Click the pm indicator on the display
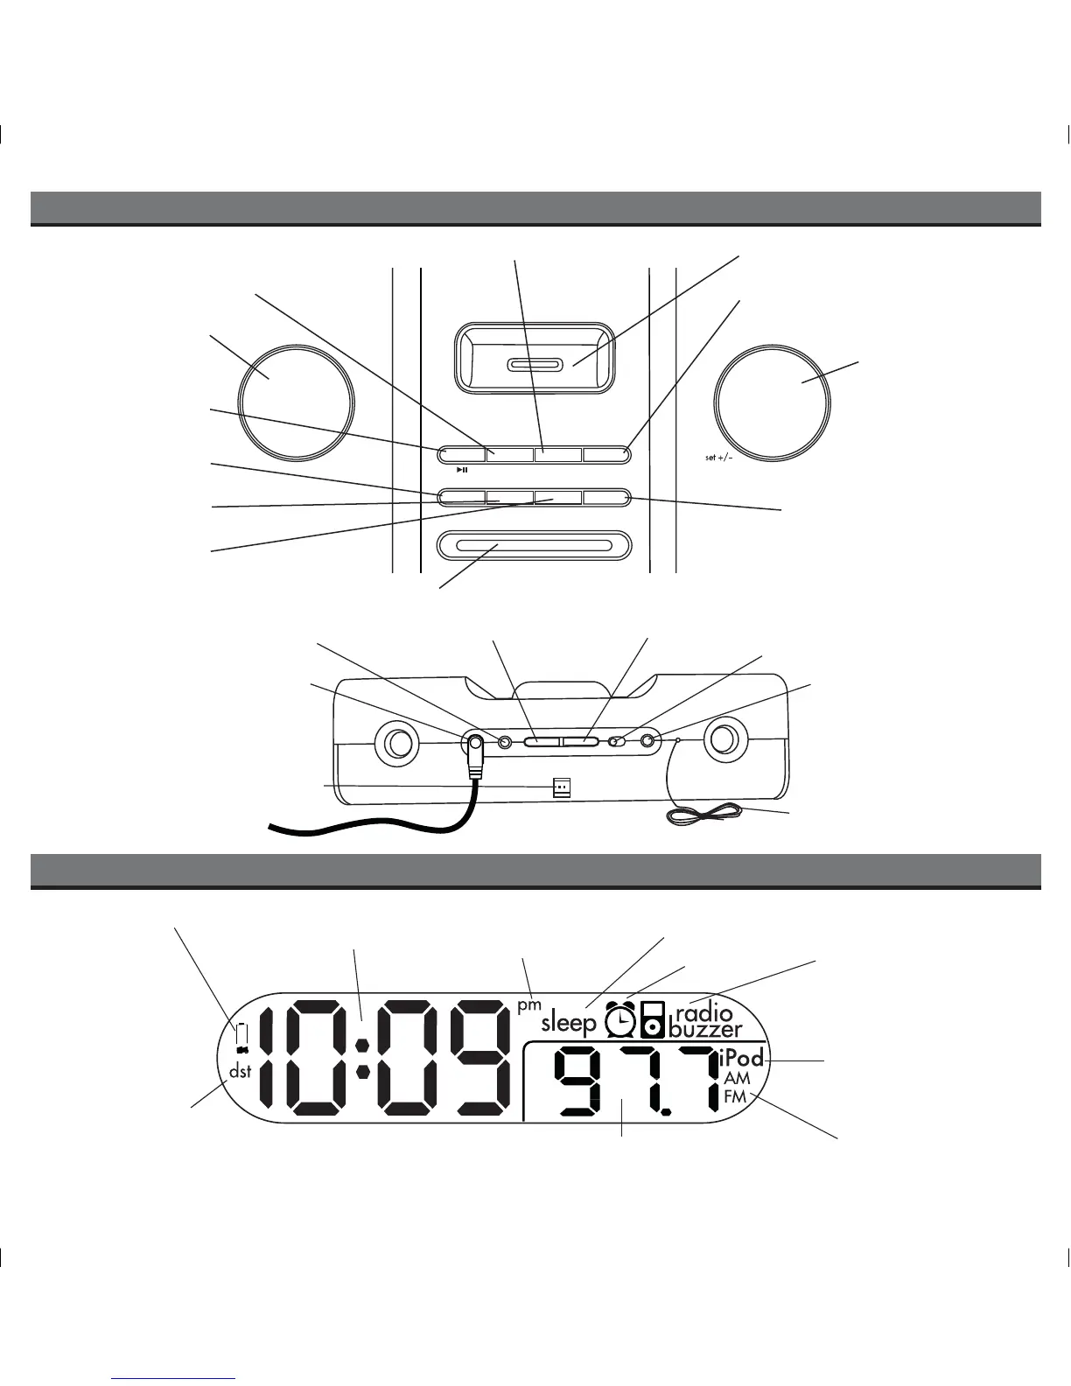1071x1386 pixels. click(529, 1005)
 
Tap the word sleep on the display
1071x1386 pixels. click(569, 1023)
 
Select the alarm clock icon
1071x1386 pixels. click(620, 1020)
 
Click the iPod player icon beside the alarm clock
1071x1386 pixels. click(653, 1020)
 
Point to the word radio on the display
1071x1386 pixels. click(704, 1015)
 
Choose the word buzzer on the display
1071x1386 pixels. click(705, 1030)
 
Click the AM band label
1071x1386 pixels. click(737, 1079)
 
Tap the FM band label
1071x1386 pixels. click(735, 1095)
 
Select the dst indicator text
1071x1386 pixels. click(240, 1071)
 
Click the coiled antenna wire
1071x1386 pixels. click(705, 815)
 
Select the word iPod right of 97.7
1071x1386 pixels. click(742, 1058)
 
